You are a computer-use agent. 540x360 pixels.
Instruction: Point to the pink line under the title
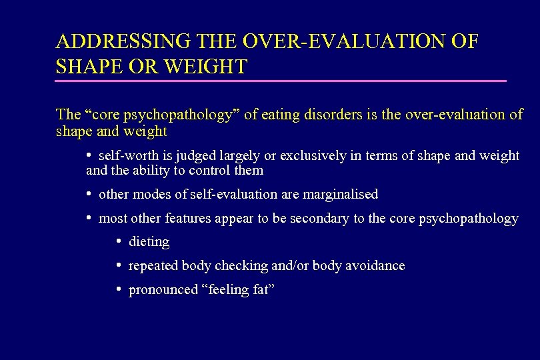281,81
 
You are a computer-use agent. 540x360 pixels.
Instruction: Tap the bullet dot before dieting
118,241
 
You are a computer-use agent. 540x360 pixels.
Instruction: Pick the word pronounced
163,290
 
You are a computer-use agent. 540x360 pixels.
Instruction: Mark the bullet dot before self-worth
89,155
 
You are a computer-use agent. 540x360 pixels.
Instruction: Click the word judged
189,155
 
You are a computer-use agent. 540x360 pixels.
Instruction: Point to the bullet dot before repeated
118,265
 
